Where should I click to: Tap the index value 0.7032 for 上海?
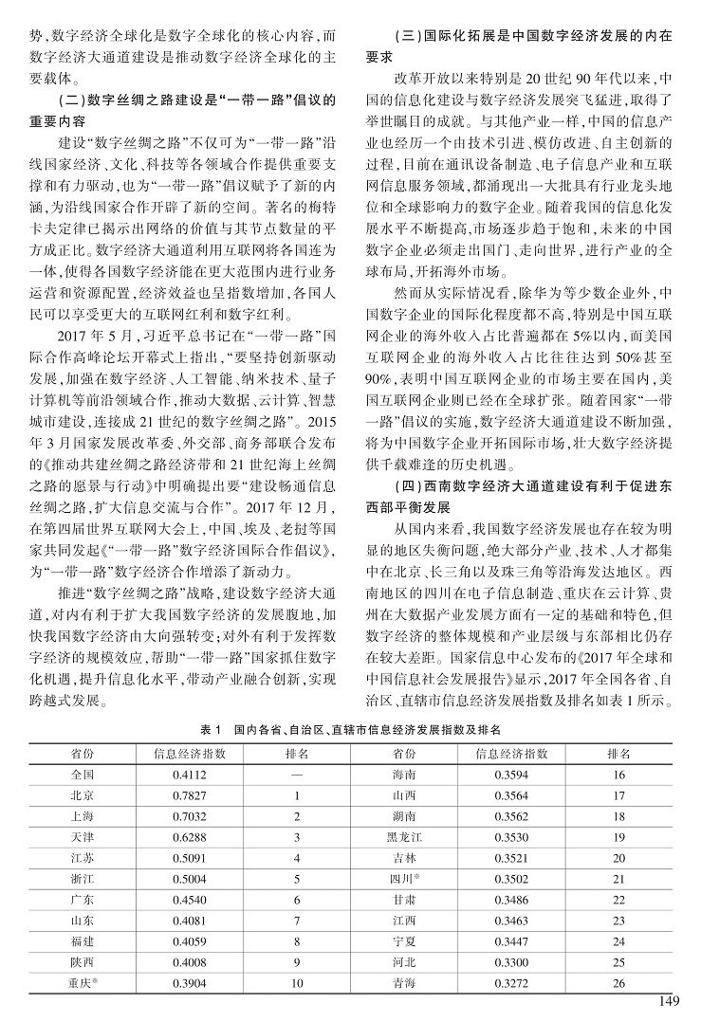190,815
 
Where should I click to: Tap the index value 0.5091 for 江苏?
190,857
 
